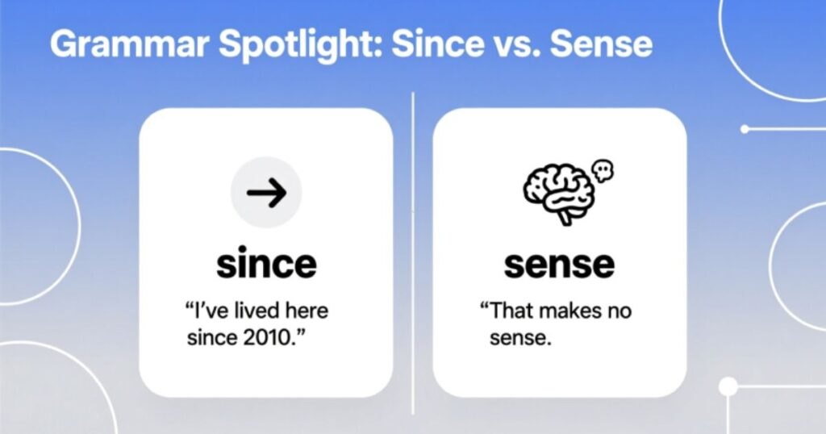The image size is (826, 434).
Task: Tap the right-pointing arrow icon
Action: coord(266,193)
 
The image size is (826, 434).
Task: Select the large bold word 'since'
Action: coord(266,264)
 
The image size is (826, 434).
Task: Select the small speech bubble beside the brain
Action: coord(603,169)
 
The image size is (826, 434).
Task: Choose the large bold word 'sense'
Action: coord(559,264)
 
